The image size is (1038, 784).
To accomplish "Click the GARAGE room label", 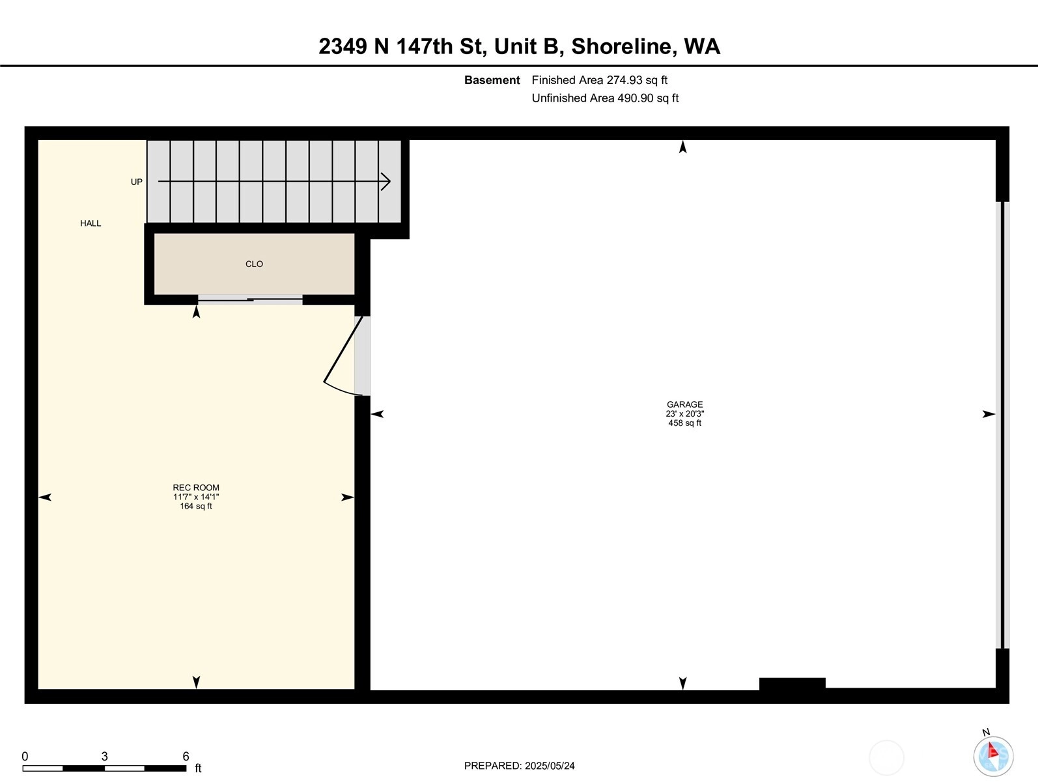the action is (x=685, y=404).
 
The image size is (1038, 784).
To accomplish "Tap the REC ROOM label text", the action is (x=196, y=488).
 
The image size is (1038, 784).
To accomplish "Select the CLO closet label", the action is (x=254, y=264).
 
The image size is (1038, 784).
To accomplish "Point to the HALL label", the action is (x=91, y=223).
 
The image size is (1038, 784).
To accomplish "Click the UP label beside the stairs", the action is (x=136, y=182).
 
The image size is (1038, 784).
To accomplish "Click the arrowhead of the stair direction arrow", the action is (x=386, y=182).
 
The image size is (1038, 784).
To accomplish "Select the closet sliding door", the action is (x=250, y=300).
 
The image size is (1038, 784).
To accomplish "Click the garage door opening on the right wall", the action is (x=1003, y=425).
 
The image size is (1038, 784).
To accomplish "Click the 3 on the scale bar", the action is (x=104, y=756).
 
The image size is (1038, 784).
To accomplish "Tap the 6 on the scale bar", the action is (x=186, y=756).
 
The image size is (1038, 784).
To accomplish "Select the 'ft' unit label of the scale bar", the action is (x=198, y=768).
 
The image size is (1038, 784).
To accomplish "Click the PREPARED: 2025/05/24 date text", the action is (x=519, y=766).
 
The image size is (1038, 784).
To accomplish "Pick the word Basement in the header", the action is (x=492, y=80).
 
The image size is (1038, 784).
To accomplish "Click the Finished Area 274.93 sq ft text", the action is (x=599, y=80).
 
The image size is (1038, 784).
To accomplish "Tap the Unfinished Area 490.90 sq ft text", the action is (x=605, y=98).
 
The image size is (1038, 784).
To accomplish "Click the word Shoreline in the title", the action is (x=621, y=46).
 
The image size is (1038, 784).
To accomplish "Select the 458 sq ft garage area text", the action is (x=685, y=423).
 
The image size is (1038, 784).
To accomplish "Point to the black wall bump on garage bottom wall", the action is (x=792, y=684).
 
